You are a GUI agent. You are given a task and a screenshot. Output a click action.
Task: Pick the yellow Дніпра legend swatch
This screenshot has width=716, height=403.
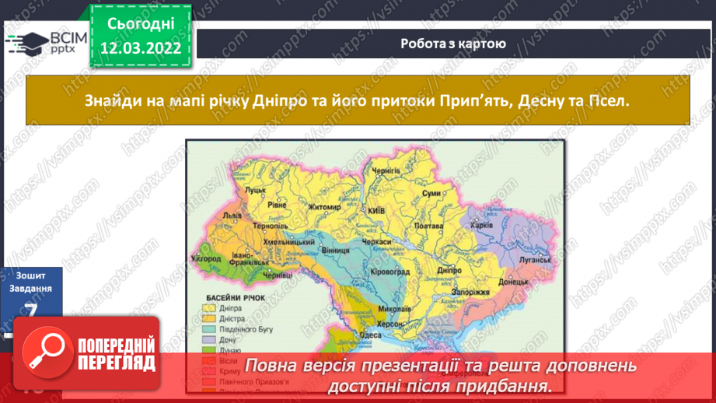211,307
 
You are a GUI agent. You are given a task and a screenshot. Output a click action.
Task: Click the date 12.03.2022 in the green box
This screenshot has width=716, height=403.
141,49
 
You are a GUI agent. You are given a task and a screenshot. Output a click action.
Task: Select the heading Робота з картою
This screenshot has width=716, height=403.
453,44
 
